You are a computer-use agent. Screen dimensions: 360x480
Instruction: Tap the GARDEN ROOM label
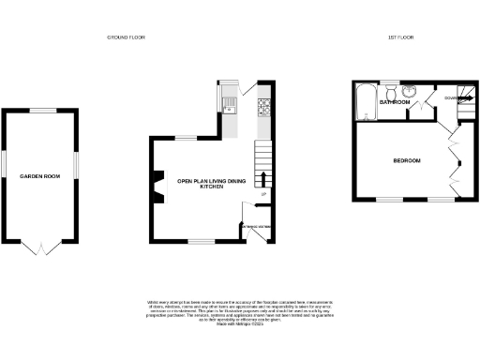coord(40,176)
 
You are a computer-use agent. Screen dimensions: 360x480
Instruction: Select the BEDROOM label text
coord(407,161)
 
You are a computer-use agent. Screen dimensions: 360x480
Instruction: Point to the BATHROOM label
coord(395,102)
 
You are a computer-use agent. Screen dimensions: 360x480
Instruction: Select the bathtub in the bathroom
coord(365,101)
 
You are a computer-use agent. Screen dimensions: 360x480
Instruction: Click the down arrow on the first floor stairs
coord(451,97)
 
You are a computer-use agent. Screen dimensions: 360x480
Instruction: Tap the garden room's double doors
coord(40,247)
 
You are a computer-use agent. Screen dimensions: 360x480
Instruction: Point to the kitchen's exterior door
coord(246,91)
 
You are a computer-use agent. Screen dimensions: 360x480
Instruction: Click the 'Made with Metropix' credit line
coord(240,324)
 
